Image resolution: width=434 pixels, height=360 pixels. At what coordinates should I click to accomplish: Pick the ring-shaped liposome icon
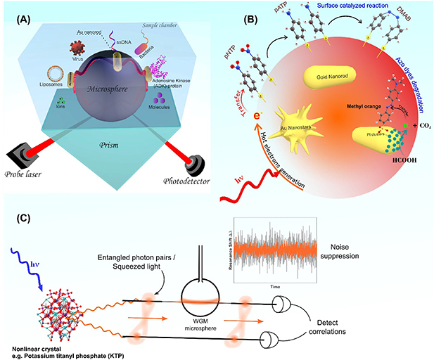[58, 72]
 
